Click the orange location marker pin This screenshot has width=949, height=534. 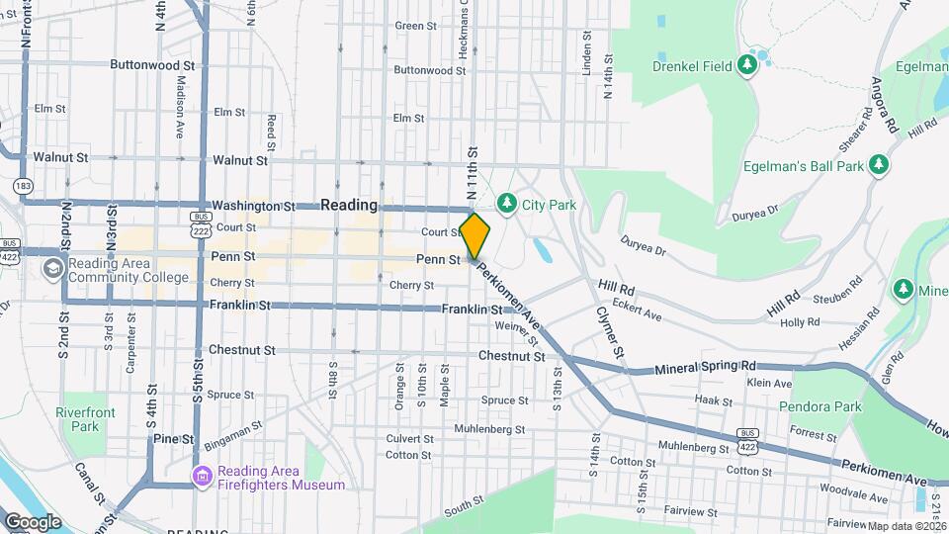point(475,236)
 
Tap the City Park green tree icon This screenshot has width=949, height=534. point(506,204)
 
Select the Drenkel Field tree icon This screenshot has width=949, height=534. point(748,65)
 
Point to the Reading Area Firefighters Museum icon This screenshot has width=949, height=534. point(204,477)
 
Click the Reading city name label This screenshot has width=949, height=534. point(349,205)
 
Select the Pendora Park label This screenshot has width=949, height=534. point(820,406)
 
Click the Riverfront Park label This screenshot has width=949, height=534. point(85,419)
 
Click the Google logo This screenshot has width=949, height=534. point(33,521)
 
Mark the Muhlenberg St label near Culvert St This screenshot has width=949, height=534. point(488,428)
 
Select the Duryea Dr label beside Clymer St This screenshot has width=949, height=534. point(643,245)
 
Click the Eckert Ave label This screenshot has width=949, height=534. point(636,310)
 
